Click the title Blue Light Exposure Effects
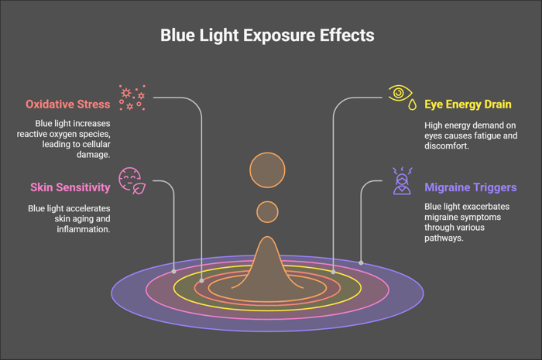[x=267, y=36]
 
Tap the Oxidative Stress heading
[x=68, y=105]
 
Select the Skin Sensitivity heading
[x=70, y=187]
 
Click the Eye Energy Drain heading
[x=468, y=105]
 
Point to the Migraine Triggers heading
[x=471, y=187]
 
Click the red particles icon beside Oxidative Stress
[x=132, y=98]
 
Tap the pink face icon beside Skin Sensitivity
[x=132, y=180]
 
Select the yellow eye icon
[x=400, y=93]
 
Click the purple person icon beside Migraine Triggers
[x=403, y=181]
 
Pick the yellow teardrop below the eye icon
[x=412, y=105]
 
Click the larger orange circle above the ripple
[x=267, y=170]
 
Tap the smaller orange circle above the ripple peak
[x=267, y=212]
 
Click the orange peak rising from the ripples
[x=267, y=262]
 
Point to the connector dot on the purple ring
[x=361, y=263]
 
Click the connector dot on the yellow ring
[x=333, y=272]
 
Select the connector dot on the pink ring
[x=174, y=272]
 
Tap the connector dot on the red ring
[x=201, y=281]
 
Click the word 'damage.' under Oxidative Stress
[x=94, y=154]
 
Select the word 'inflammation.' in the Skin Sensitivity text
[x=84, y=229]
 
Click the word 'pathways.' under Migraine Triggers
[x=444, y=238]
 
